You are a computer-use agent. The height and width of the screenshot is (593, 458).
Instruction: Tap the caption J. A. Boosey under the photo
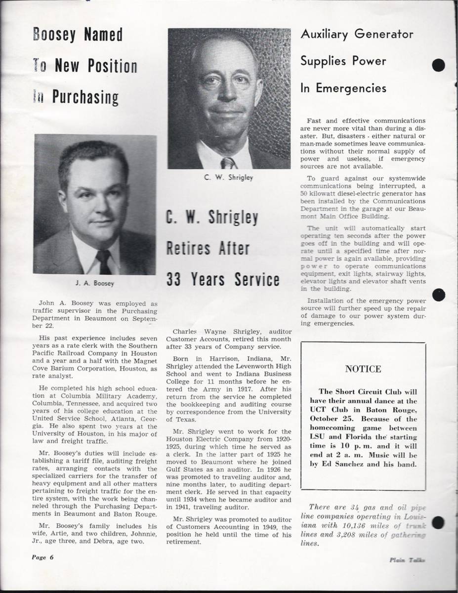click(95, 284)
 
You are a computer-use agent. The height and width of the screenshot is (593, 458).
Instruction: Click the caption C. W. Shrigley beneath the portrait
click(228, 177)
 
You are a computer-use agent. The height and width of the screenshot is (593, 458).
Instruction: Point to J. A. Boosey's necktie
click(104, 260)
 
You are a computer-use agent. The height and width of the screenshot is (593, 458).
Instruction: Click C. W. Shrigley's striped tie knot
click(228, 163)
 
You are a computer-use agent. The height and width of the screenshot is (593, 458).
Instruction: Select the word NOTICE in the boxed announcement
click(363, 369)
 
